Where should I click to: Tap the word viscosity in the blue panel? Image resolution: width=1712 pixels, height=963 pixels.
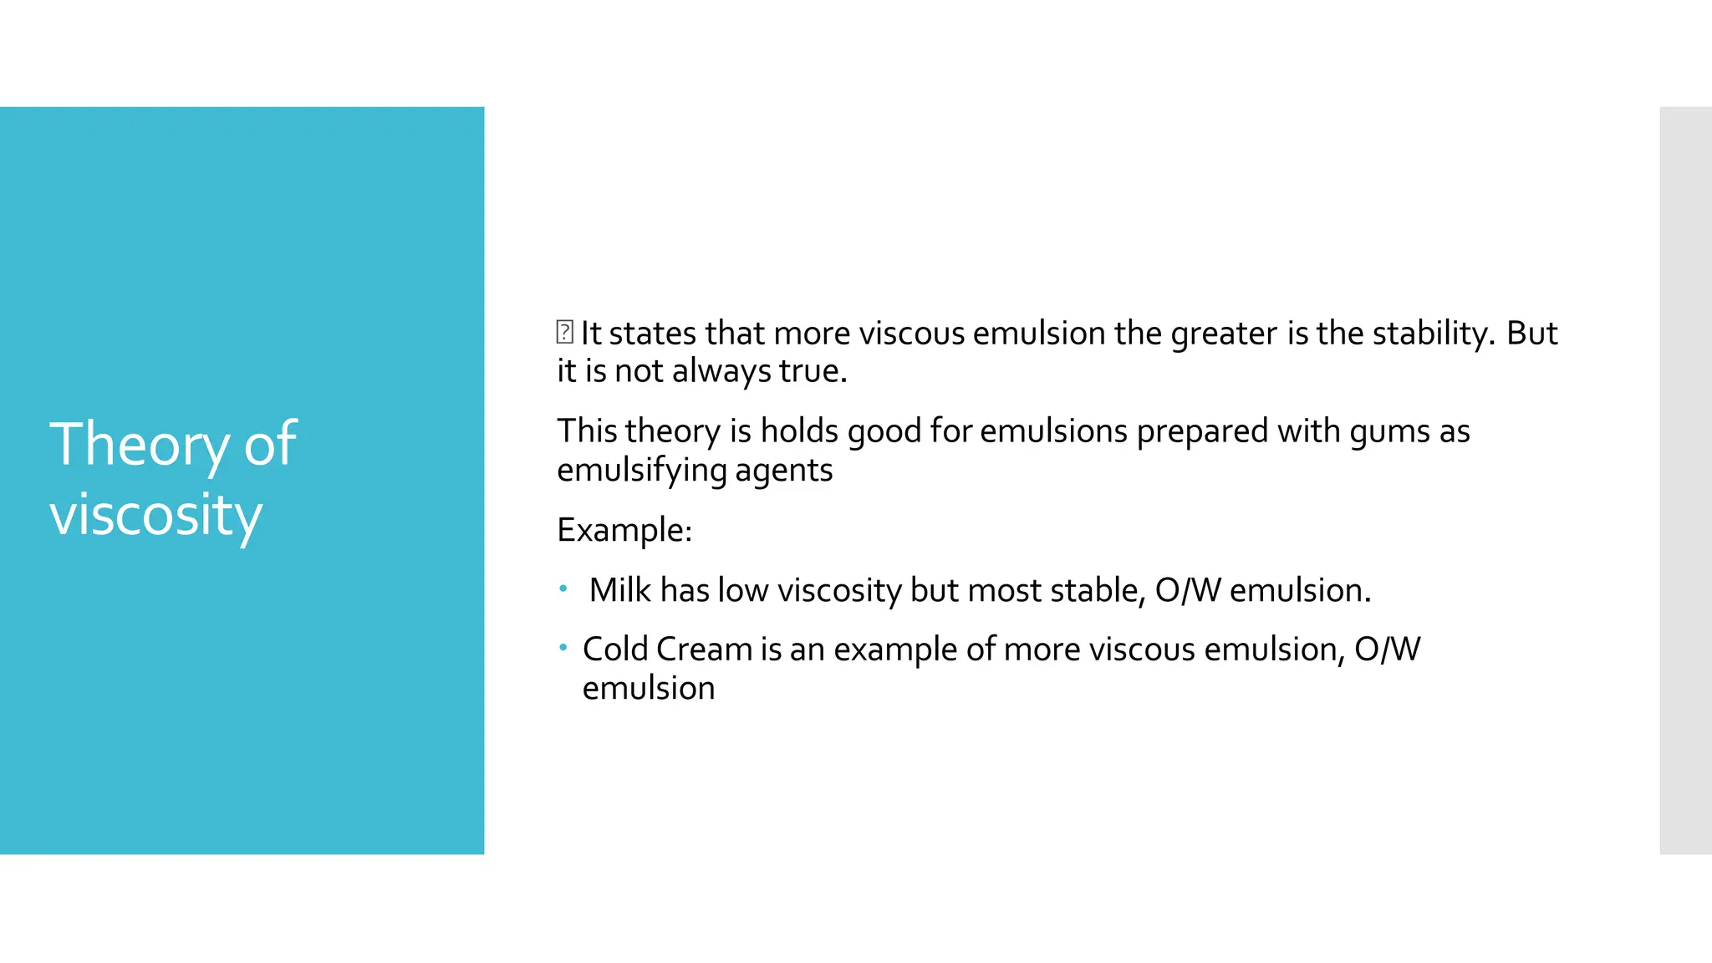[x=155, y=515]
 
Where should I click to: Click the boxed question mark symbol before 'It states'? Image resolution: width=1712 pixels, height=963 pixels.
[x=564, y=332]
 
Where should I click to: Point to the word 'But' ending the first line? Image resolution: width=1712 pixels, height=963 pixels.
[x=1531, y=334]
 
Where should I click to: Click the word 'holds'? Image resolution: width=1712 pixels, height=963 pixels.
[x=799, y=431]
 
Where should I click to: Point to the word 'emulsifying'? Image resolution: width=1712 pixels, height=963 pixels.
[x=641, y=471]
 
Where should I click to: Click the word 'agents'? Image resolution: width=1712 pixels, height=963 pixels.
[x=783, y=471]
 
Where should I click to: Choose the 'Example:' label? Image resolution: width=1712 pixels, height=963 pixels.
[x=624, y=530]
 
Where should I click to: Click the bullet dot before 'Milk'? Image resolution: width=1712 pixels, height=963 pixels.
[x=563, y=588]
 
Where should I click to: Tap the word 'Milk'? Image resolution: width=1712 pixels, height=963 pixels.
[x=619, y=590]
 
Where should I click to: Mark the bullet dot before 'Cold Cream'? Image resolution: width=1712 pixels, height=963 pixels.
[x=563, y=647]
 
